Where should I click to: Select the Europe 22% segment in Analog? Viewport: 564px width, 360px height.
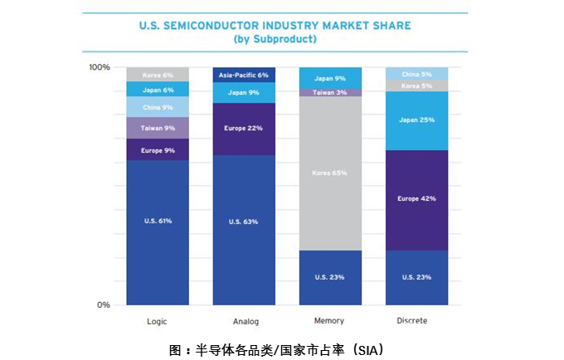click(x=244, y=129)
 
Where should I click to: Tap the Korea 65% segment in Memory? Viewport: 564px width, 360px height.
click(x=330, y=173)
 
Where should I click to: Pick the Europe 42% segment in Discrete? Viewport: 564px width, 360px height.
click(x=416, y=200)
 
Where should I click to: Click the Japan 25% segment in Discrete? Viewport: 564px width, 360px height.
click(x=416, y=120)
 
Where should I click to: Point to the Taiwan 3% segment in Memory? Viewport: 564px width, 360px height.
click(x=330, y=92)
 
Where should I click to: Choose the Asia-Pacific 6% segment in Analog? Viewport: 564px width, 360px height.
click(x=244, y=74)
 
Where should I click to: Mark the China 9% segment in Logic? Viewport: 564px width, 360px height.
click(x=157, y=107)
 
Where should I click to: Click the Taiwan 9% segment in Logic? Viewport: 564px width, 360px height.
click(x=157, y=128)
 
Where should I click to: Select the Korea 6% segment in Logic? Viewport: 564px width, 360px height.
click(x=157, y=74)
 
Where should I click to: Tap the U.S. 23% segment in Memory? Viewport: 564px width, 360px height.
click(x=330, y=277)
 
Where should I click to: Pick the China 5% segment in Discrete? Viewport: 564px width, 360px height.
click(x=416, y=73)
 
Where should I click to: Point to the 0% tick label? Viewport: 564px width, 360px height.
click(x=103, y=305)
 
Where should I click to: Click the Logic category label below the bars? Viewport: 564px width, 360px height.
click(x=157, y=321)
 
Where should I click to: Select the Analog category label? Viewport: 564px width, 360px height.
click(x=244, y=321)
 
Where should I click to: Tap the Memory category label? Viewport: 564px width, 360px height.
click(x=330, y=321)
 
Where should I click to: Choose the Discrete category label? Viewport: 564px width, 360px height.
click(x=416, y=321)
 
